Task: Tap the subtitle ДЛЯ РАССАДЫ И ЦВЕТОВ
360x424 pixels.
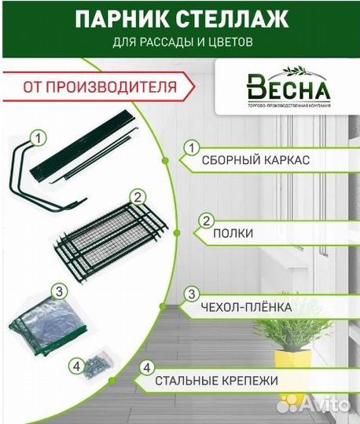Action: click(x=180, y=43)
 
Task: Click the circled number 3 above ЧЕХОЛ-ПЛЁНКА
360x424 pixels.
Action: click(x=190, y=294)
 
